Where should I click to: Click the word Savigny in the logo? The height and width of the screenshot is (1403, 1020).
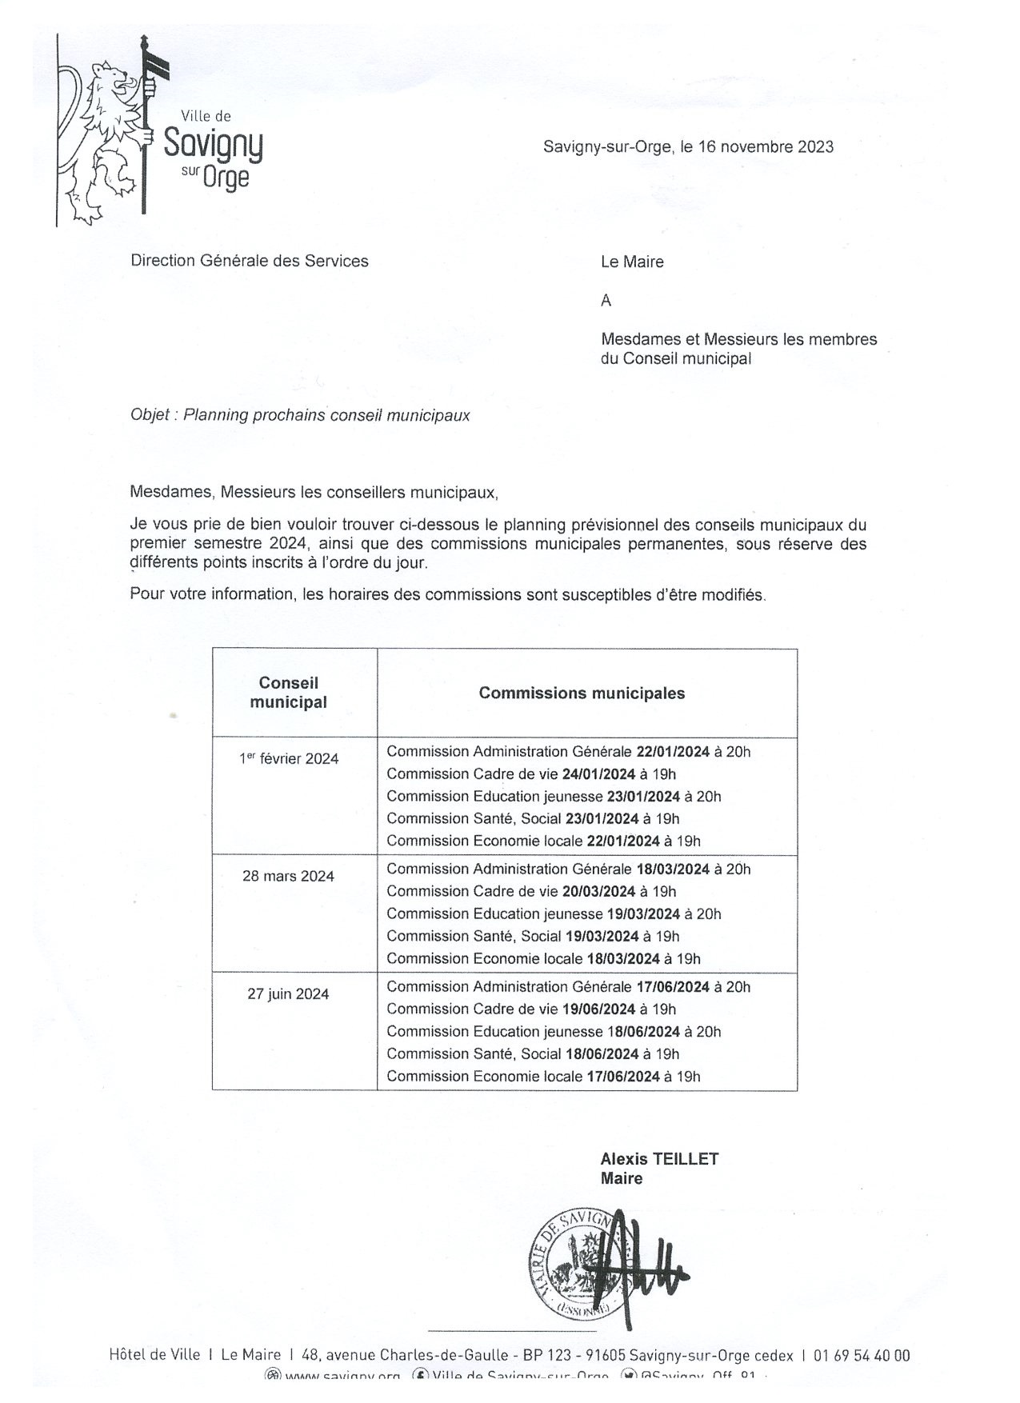[x=213, y=145]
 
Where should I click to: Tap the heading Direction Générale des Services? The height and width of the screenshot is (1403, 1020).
[x=249, y=261]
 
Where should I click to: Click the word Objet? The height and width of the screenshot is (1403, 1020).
[x=150, y=415]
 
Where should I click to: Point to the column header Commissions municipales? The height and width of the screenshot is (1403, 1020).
[x=582, y=693]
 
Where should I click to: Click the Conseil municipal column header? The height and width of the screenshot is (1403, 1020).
[x=288, y=693]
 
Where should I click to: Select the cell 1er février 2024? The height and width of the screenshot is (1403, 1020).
[x=289, y=758]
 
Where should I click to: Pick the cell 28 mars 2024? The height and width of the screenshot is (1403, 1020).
[x=288, y=876]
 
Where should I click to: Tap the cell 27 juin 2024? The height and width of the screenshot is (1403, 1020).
[x=288, y=994]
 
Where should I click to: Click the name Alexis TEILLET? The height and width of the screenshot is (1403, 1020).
[x=659, y=1158]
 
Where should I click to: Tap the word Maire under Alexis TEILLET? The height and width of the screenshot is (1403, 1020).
[x=622, y=1178]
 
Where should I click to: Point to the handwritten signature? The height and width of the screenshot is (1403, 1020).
[x=640, y=1264]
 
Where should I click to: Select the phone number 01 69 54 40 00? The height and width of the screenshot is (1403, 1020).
[x=862, y=1355]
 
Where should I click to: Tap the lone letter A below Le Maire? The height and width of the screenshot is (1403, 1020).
[x=606, y=301]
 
